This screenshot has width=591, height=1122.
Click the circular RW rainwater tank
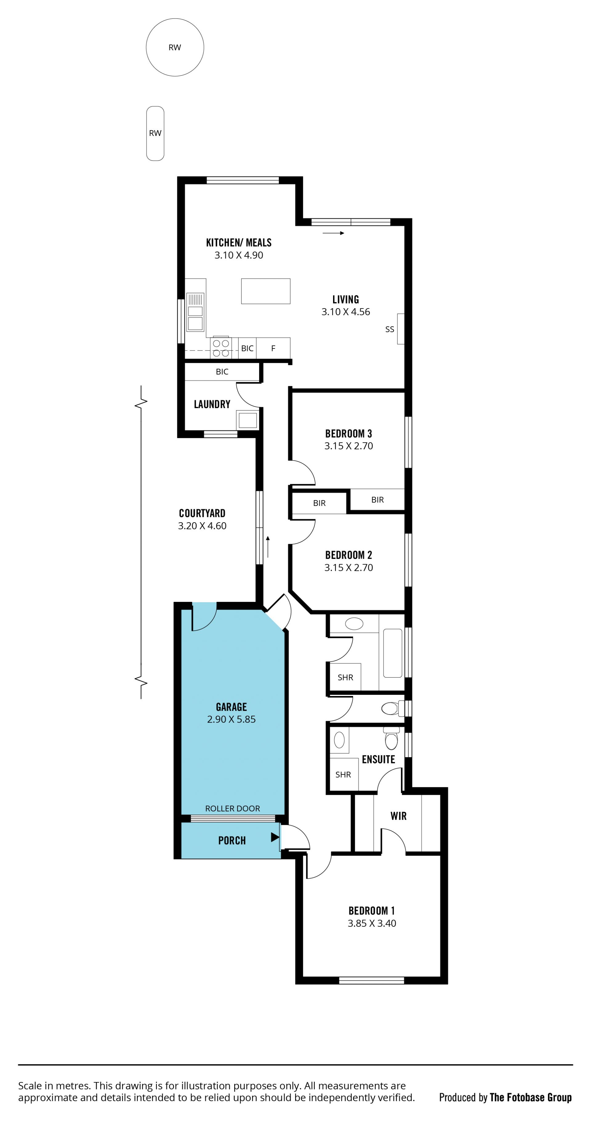point(175,47)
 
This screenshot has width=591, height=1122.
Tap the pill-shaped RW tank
point(155,133)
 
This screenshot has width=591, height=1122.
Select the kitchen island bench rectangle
point(265,291)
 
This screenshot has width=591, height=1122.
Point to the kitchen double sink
point(195,312)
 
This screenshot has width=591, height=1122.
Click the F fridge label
point(273,348)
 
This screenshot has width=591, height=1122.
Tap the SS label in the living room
point(390,329)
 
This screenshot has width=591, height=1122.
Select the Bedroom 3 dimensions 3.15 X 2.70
point(349,446)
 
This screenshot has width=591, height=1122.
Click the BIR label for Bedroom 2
point(320,503)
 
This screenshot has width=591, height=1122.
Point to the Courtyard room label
point(202,513)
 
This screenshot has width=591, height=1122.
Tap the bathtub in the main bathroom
point(393,653)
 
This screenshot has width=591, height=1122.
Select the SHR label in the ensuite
point(343,774)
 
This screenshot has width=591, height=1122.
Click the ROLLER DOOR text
point(233,808)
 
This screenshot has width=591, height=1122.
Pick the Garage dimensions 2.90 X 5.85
point(231,719)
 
